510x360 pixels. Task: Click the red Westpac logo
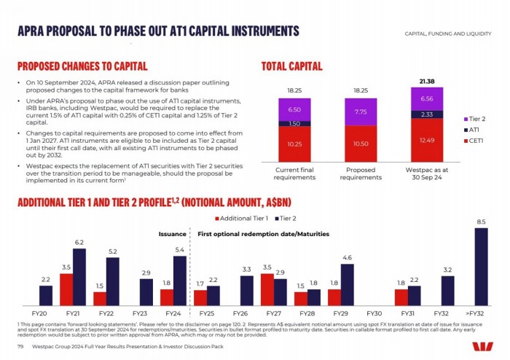click(482, 348)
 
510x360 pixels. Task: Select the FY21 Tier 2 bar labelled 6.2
click(79, 277)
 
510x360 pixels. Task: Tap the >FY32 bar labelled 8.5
click(481, 267)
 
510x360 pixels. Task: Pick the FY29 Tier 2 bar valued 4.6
click(347, 284)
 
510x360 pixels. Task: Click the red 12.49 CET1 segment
click(426, 140)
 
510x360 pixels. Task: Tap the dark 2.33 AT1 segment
click(426, 114)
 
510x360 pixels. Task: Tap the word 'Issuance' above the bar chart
click(173, 234)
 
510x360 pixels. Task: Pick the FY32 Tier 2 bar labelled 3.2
click(447, 290)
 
